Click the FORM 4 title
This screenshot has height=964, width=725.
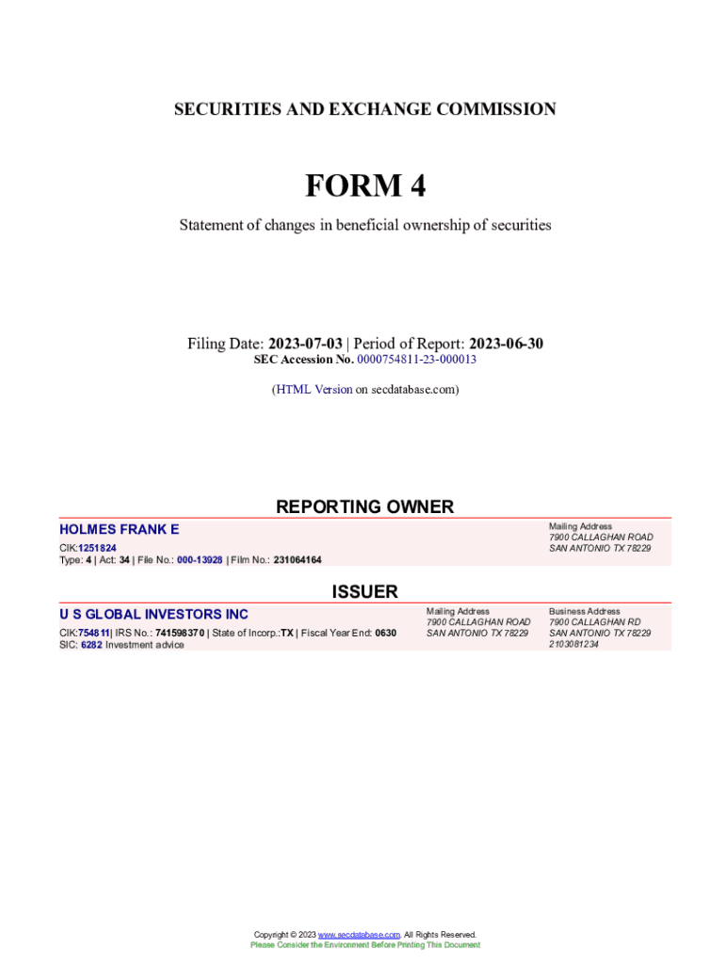pos(364,186)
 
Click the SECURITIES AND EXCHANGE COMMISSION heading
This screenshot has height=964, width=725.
pos(364,109)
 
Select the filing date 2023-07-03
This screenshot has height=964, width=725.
pos(305,344)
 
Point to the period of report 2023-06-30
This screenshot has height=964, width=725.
pos(506,344)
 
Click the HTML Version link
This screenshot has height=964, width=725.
pos(314,389)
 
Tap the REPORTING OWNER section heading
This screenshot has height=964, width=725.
pos(364,506)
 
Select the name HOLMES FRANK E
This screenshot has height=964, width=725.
pos(119,530)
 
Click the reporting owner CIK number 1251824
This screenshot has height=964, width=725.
pos(97,548)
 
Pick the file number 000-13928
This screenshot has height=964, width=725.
pos(200,560)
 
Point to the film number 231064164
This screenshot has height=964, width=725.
pos(298,560)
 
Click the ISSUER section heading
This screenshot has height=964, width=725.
pos(364,591)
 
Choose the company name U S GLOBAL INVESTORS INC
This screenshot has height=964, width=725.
pos(153,615)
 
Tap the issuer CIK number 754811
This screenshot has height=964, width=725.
pos(93,633)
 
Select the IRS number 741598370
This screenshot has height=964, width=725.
pos(179,633)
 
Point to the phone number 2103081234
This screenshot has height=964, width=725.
pos(573,645)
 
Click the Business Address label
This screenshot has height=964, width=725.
pos(585,611)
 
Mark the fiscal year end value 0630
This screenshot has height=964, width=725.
pos(385,633)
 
